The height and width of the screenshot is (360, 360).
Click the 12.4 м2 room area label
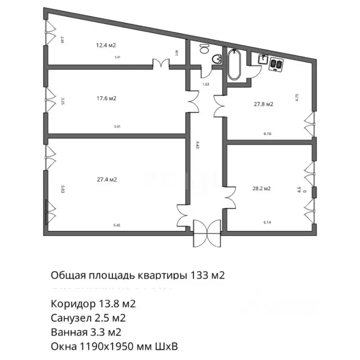click(106, 45)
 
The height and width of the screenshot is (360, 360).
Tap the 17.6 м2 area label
click(106, 98)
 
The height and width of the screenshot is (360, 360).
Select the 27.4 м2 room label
click(107, 180)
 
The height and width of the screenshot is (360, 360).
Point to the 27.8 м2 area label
click(263, 105)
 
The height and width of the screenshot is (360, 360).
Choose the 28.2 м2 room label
click(261, 189)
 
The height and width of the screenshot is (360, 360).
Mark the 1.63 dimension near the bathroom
click(205, 84)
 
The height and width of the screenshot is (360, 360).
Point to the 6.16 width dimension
click(268, 134)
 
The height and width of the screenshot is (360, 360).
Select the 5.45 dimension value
click(117, 225)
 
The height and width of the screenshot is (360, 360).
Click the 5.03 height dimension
click(62, 189)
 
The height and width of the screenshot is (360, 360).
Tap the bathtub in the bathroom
click(234, 65)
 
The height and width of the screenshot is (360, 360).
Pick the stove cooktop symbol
click(276, 64)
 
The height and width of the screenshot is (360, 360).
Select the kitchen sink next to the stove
click(263, 60)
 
